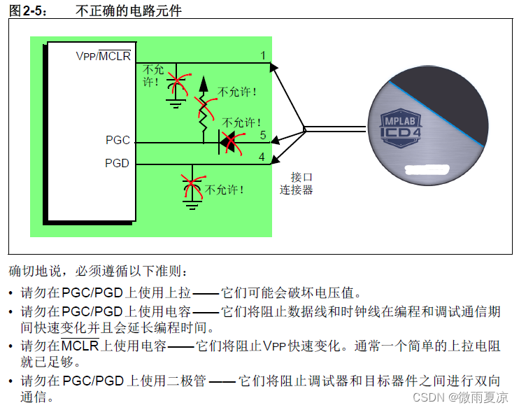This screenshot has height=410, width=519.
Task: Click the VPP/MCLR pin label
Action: [103, 55]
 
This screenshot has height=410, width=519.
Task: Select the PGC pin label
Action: [118, 140]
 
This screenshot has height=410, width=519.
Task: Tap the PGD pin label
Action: [118, 163]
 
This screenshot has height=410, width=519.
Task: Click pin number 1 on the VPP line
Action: [262, 55]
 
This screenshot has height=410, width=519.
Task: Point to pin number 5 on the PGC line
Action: [262, 134]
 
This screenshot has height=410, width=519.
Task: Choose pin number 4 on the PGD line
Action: [262, 157]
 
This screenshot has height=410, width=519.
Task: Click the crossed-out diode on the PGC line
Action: [228, 143]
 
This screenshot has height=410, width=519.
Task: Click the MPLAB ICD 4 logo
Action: [401, 125]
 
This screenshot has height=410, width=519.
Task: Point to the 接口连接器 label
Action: [297, 183]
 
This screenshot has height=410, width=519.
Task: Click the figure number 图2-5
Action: [27, 9]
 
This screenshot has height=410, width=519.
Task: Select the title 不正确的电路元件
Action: [137, 9]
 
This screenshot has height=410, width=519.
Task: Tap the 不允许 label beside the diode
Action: [241, 123]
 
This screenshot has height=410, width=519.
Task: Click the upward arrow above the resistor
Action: [204, 84]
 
